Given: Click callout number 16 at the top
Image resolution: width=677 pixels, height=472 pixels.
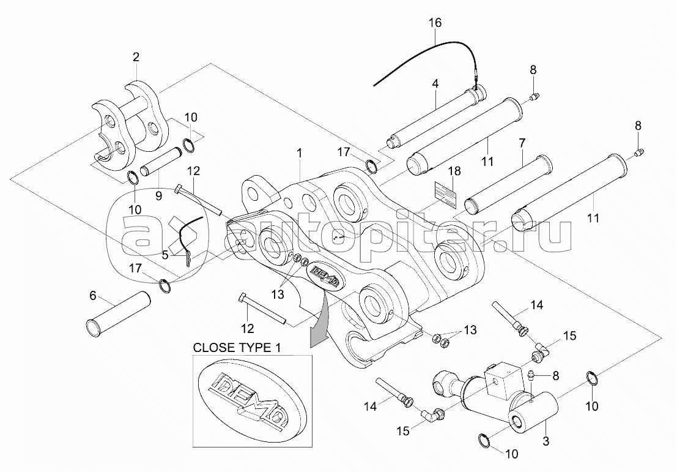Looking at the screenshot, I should tap(435, 23).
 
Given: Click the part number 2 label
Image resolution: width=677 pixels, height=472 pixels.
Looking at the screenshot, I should tap(136, 57).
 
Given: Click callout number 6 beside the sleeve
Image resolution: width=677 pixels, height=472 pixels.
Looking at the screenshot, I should tap(92, 294).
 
